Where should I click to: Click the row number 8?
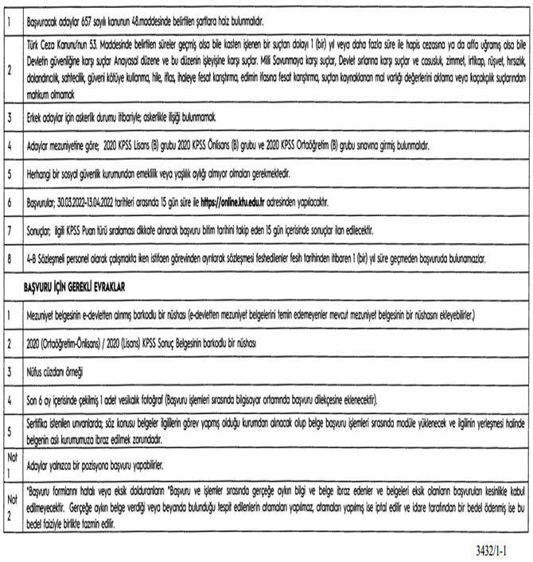[x=8, y=258]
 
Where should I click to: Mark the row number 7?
[x=8, y=231]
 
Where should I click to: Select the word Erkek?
[x=35, y=117]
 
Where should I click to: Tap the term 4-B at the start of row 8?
[x=32, y=258]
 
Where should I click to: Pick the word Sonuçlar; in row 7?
[x=42, y=231]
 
